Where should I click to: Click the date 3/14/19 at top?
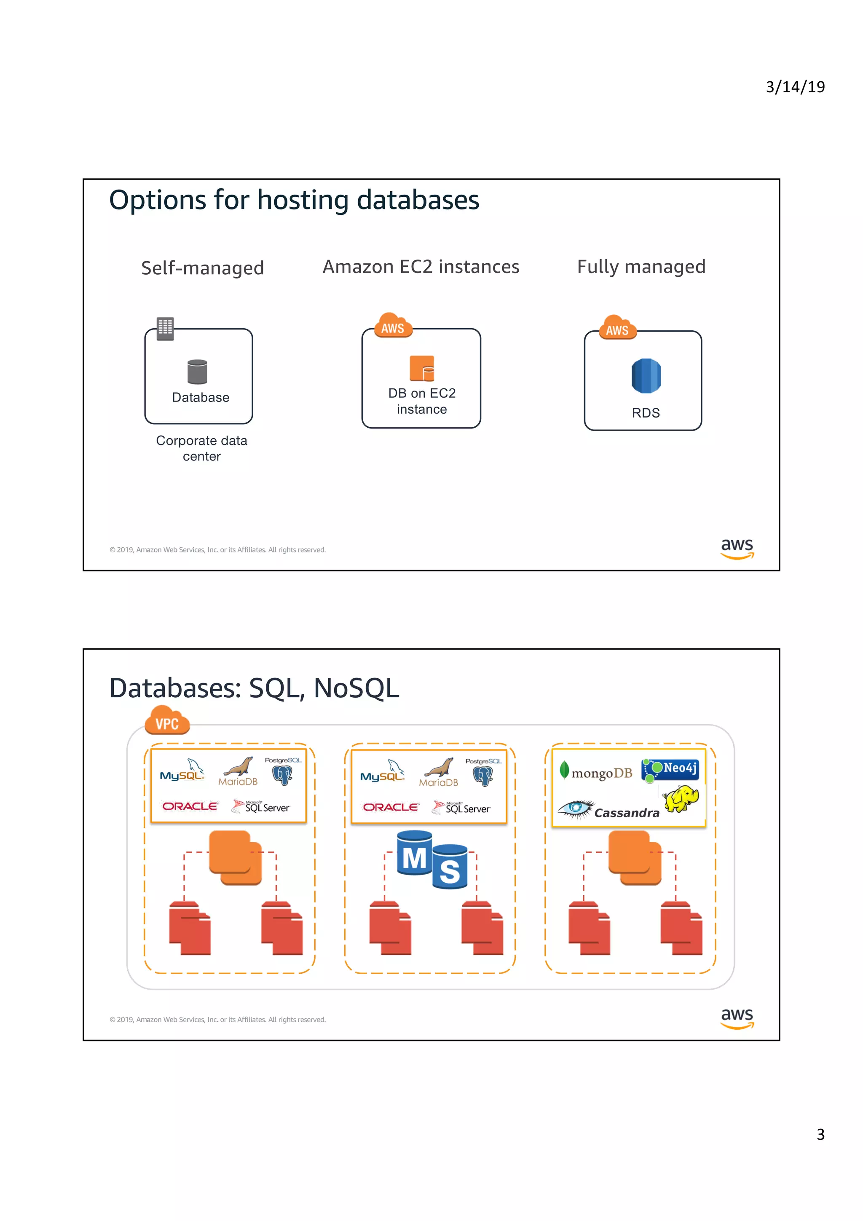coord(794,87)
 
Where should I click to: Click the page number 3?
coord(820,1134)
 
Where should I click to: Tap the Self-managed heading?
coord(202,268)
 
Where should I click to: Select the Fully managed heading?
coord(641,266)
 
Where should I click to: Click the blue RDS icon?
coord(646,375)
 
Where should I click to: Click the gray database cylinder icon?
coord(197,371)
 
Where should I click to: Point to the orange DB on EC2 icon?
coord(422,368)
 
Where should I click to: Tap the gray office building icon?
coord(165,328)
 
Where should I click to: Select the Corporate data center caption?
coord(201,448)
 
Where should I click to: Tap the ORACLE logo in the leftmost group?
coord(190,806)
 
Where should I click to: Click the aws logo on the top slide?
coord(737,548)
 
